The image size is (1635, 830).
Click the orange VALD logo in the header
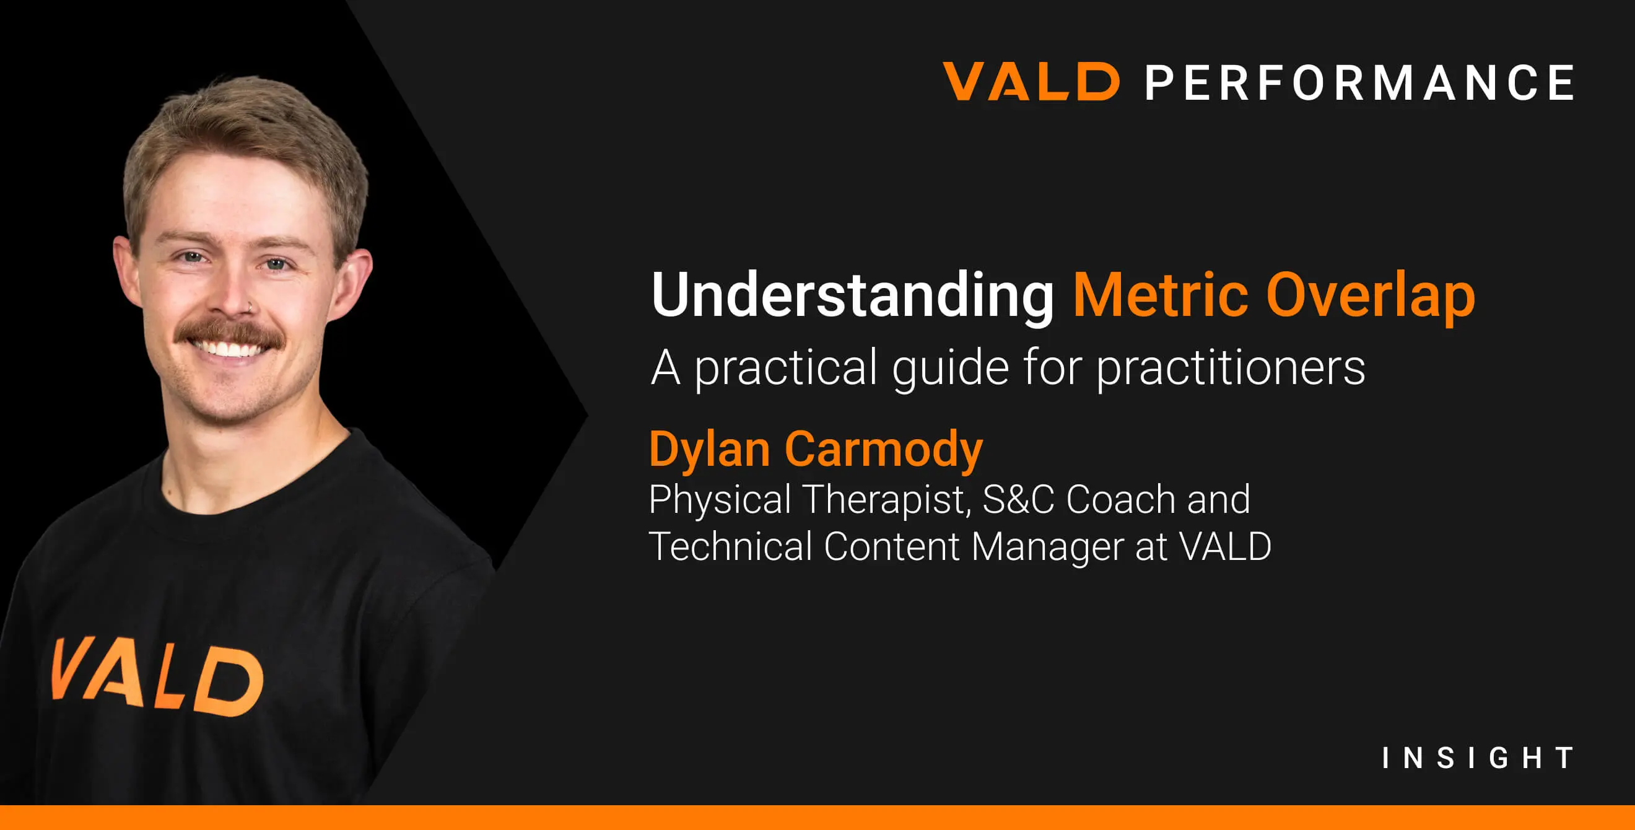[1031, 82]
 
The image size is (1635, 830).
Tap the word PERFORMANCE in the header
[1359, 83]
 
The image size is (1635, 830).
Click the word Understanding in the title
[852, 294]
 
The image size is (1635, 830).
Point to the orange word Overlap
[1371, 295]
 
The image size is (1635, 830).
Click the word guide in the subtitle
[950, 368]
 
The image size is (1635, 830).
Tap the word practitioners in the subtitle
[1231, 368]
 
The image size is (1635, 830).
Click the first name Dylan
[710, 449]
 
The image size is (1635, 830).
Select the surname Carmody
[884, 449]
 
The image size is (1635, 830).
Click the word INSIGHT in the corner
[1478, 758]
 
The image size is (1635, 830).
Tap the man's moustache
[229, 331]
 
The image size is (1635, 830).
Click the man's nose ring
[251, 308]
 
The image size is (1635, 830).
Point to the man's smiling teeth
[227, 349]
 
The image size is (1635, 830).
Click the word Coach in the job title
[1121, 499]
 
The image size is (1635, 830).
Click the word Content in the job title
[892, 546]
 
